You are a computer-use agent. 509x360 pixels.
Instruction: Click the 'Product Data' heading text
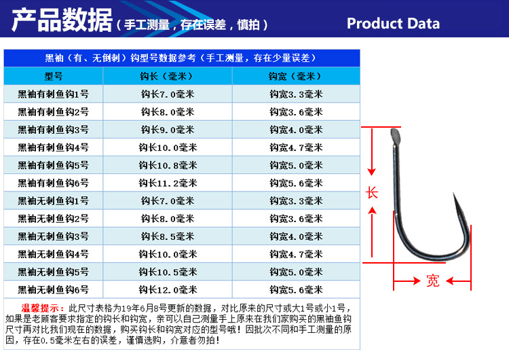click(393, 23)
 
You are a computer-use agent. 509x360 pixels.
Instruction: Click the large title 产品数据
click(62, 22)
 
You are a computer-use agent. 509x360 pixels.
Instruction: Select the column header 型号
click(53, 76)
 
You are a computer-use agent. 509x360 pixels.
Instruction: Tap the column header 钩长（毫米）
click(168, 76)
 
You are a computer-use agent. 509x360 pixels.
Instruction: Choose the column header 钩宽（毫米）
click(296, 76)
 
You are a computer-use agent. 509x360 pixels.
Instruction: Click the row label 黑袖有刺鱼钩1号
click(53, 94)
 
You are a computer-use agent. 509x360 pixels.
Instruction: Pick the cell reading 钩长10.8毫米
click(168, 165)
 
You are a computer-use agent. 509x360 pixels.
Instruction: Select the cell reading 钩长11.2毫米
click(168, 183)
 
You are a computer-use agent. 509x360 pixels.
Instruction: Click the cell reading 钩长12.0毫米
click(168, 289)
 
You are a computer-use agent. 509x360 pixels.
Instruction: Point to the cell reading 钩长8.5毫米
click(168, 236)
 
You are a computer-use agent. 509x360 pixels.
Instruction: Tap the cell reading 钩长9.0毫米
click(168, 129)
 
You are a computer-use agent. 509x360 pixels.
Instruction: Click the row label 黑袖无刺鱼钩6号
click(53, 289)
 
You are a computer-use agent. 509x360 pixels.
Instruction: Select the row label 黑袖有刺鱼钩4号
click(53, 147)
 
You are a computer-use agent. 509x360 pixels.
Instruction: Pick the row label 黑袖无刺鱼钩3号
click(53, 236)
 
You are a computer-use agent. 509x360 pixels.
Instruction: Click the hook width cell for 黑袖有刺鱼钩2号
click(296, 111)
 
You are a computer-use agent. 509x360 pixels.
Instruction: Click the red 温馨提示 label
click(45, 308)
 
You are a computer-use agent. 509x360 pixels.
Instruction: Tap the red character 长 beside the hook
click(372, 193)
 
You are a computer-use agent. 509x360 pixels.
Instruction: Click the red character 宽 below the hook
click(432, 281)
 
